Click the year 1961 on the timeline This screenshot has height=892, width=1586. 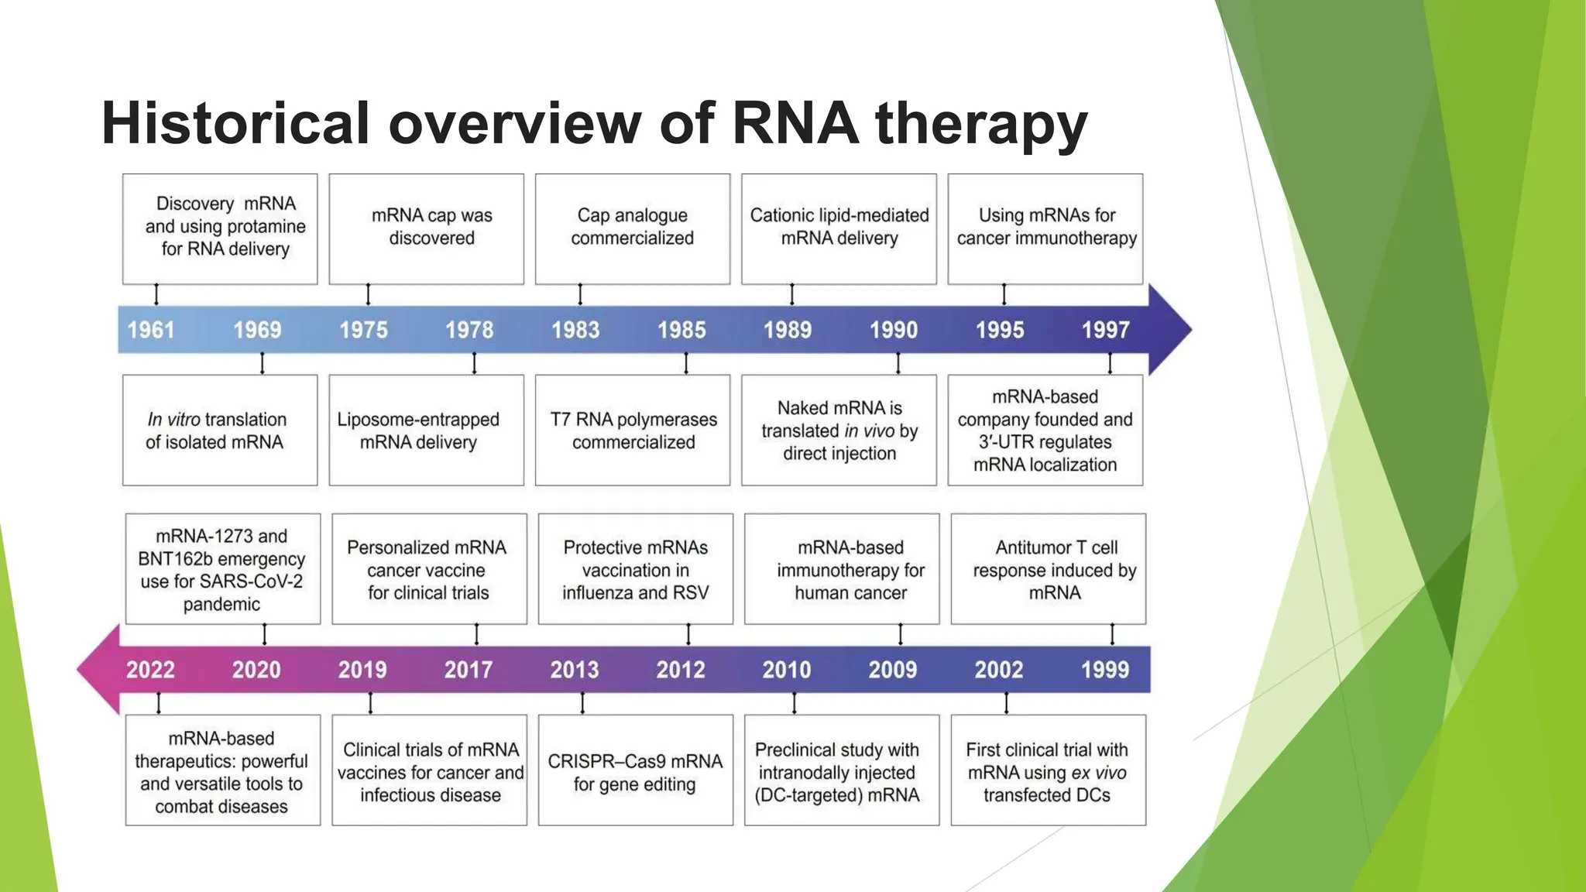[151, 330]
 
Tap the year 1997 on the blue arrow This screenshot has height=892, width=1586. [1105, 330]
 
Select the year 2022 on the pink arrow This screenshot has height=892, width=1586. [150, 670]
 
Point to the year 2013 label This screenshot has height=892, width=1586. [575, 670]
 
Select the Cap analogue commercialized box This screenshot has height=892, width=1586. [633, 228]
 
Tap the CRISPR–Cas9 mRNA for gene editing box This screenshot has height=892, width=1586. [635, 771]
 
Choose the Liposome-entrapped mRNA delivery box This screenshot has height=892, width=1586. [427, 431]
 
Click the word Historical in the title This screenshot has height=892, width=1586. [235, 124]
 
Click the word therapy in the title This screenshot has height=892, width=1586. [981, 124]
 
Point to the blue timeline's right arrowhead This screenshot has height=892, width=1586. [1170, 330]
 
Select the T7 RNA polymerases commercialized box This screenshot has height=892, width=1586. [633, 431]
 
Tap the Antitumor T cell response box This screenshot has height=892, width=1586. [1049, 570]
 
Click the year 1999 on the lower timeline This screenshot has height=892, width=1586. [1105, 670]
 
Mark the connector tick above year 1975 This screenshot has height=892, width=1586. [368, 294]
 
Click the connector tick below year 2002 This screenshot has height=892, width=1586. [1006, 703]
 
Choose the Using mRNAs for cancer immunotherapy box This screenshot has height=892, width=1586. [1045, 228]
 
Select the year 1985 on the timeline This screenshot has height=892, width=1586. [681, 330]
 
